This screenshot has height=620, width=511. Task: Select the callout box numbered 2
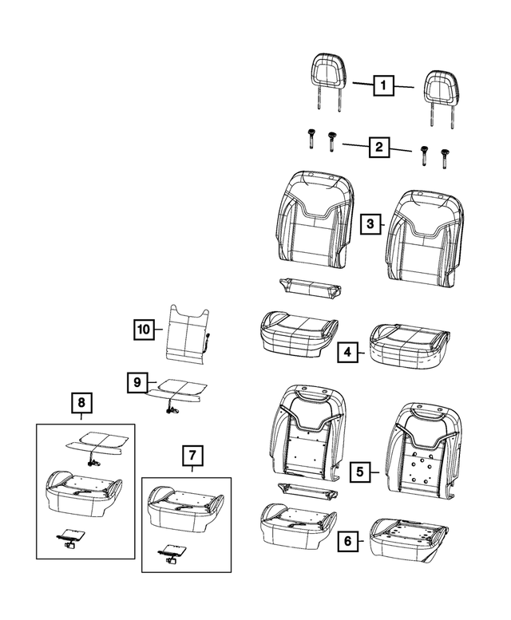click(378, 147)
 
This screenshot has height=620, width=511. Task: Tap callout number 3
click(370, 224)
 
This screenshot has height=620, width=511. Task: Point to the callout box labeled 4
click(347, 351)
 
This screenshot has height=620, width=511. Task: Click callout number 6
click(347, 542)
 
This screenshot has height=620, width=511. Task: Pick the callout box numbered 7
click(192, 456)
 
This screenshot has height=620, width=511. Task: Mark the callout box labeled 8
click(81, 404)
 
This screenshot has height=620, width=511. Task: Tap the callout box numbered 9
click(137, 383)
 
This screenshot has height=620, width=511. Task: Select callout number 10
click(143, 328)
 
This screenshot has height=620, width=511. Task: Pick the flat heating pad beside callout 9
click(179, 388)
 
